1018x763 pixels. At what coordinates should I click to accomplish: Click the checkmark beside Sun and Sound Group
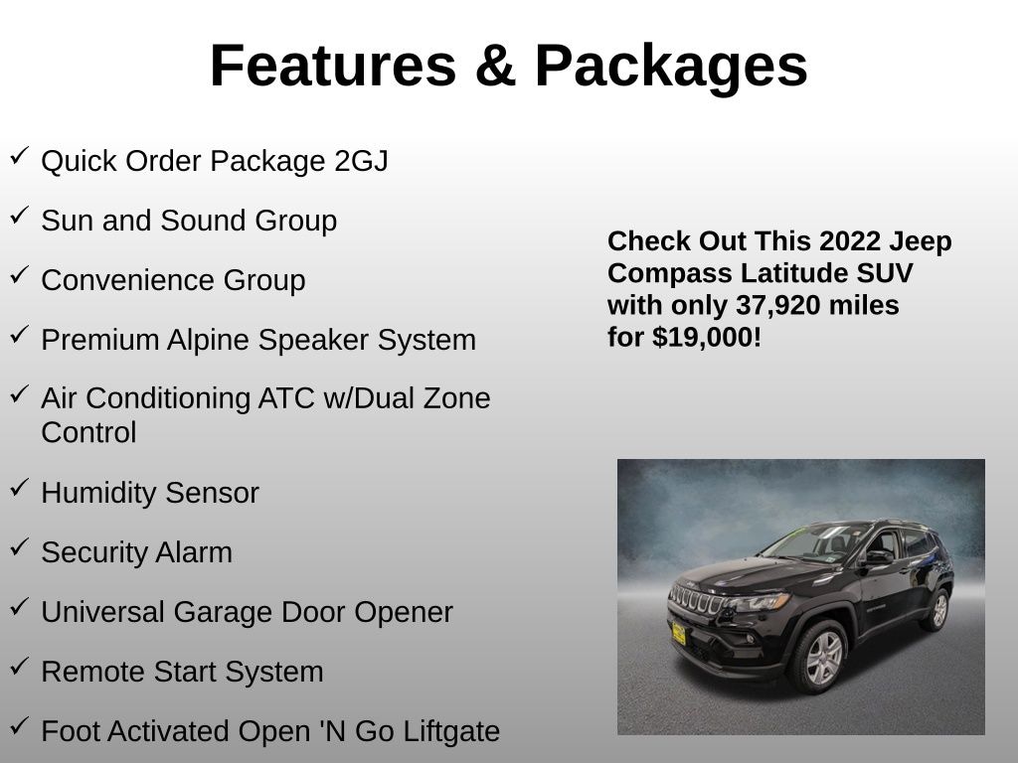pyautogui.click(x=19, y=216)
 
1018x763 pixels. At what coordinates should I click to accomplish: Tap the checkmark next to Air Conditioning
pyautogui.click(x=19, y=394)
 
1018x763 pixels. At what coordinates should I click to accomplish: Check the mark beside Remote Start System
pyautogui.click(x=19, y=667)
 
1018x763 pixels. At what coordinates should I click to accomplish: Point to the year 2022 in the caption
pyautogui.click(x=851, y=241)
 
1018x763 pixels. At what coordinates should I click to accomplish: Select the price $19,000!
pyautogui.click(x=707, y=337)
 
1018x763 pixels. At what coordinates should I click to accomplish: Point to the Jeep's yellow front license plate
pyautogui.click(x=678, y=632)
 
